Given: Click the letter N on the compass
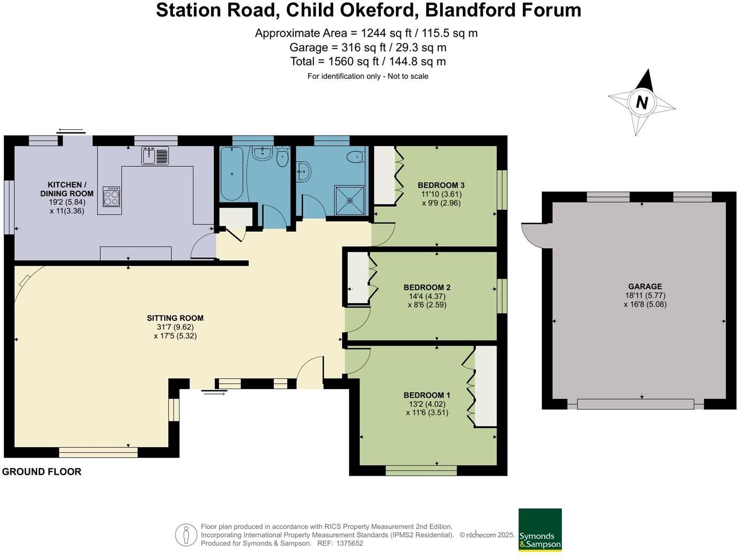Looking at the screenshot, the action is coord(642,102).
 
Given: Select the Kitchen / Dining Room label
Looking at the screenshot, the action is coord(67,189).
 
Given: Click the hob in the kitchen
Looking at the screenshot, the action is coord(111,196).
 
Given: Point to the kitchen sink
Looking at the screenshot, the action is coord(155,155).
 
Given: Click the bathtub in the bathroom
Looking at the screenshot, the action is coord(231,174).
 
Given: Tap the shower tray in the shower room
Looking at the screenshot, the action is coord(349,200).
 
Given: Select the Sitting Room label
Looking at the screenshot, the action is coord(175,318).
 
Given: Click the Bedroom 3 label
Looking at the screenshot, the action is coord(441,185).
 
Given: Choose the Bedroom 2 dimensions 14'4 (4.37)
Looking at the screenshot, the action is coord(427,296).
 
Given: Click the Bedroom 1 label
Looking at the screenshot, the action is coord(427,395).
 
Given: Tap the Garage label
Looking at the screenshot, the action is coord(644,286).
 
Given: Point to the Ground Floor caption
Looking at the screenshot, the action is coord(42,471).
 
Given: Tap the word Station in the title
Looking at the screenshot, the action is coord(186,10).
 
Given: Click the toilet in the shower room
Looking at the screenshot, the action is coord(355,157).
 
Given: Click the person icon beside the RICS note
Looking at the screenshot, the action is coord(186,535).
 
